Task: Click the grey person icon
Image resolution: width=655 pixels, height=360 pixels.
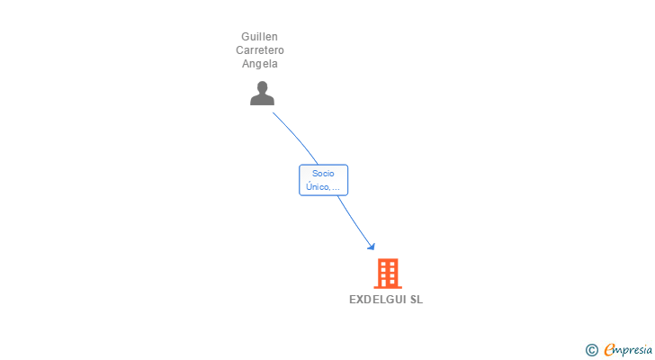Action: [262, 93]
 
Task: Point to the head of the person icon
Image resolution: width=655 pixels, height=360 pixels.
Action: [262, 87]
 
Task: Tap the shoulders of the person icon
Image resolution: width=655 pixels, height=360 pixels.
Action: [262, 100]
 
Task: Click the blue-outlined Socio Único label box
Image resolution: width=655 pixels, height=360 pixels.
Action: [323, 180]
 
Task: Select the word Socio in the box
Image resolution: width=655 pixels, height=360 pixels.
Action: [323, 173]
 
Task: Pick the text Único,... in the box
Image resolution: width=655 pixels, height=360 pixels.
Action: [323, 187]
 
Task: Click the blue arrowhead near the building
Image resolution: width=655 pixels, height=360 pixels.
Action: [371, 246]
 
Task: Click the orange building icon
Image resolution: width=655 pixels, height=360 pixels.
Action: [388, 273]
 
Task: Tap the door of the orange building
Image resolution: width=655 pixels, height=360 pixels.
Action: [388, 283]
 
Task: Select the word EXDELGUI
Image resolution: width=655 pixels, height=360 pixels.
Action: [378, 300]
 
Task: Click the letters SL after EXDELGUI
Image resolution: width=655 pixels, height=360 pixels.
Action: [417, 300]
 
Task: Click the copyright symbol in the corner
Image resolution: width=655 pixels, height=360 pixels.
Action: [591, 349]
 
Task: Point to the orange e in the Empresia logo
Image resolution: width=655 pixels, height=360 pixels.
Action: [609, 349]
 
